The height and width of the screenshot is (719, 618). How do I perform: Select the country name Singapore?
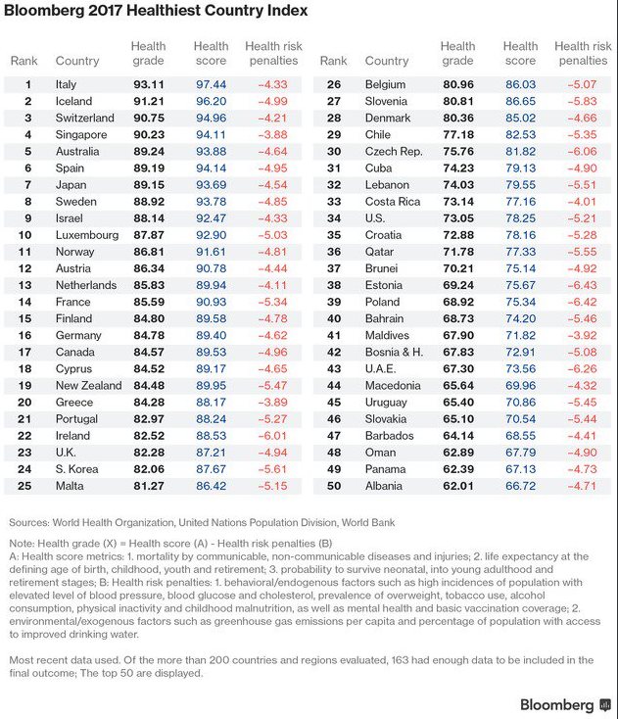coord(81,135)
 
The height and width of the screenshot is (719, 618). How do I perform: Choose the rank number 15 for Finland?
coord(28,318)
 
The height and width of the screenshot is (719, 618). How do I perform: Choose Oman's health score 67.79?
coord(522,452)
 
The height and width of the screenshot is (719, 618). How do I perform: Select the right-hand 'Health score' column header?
coord(521,53)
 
